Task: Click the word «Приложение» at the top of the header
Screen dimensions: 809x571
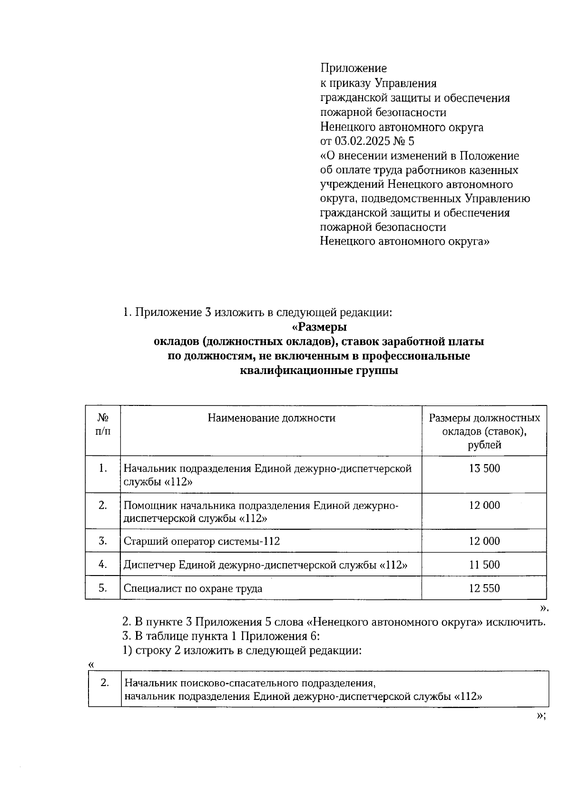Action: coord(353,68)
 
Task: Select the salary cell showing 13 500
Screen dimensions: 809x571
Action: coord(484,468)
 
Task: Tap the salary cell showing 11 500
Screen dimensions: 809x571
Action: coord(484,565)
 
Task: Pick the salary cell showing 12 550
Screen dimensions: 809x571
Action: coord(484,588)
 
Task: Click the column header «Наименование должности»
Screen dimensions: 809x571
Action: coord(271,418)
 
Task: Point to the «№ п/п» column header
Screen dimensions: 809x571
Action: coord(103,425)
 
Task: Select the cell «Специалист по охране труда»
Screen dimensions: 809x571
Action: coord(193,588)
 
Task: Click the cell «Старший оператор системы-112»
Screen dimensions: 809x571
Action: coord(202,541)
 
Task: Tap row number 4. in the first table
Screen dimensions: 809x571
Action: coord(103,565)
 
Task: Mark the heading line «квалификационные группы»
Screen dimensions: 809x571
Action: coord(319,371)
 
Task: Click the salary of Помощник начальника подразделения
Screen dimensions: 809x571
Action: coord(484,506)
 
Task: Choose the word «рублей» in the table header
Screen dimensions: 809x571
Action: coord(484,445)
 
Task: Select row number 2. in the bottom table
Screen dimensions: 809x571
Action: coord(105,682)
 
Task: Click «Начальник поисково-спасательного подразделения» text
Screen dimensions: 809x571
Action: coord(250,683)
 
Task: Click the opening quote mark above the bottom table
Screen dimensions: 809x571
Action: coord(91,664)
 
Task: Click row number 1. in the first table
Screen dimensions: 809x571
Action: coord(103,468)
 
